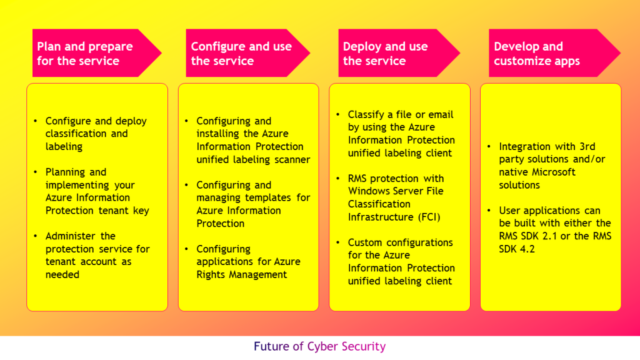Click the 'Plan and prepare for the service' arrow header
coord(87,53)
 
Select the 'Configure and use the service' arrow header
coord(241,53)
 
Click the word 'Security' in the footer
coord(363,346)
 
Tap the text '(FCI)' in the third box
coord(427,217)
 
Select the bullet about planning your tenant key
coord(97,191)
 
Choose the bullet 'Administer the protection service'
coord(97,255)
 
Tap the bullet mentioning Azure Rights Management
coord(247,262)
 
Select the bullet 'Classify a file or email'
coord(401,134)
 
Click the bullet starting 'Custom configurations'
coord(401,262)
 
